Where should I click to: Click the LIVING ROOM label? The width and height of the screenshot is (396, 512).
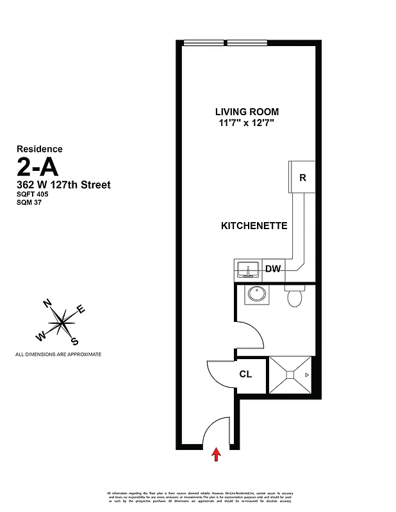[247, 111]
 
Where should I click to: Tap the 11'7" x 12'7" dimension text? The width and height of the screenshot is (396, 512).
[247, 124]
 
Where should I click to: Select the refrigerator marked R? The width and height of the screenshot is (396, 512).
[302, 178]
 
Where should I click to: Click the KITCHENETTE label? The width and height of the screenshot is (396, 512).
[253, 226]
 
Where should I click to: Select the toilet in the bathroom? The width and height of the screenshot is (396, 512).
[295, 296]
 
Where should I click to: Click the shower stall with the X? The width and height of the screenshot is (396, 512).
[290, 374]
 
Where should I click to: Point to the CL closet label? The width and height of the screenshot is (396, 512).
[245, 374]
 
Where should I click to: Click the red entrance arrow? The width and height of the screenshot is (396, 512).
[216, 454]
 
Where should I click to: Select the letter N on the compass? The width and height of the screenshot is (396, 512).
[47, 303]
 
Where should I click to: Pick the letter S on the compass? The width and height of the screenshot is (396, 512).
[75, 341]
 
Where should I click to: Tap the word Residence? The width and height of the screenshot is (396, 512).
[39, 149]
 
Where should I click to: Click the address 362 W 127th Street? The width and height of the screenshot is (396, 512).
[63, 185]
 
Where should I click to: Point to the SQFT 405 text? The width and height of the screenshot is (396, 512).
[33, 195]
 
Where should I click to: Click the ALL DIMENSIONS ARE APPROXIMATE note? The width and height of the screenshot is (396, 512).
[58, 354]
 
